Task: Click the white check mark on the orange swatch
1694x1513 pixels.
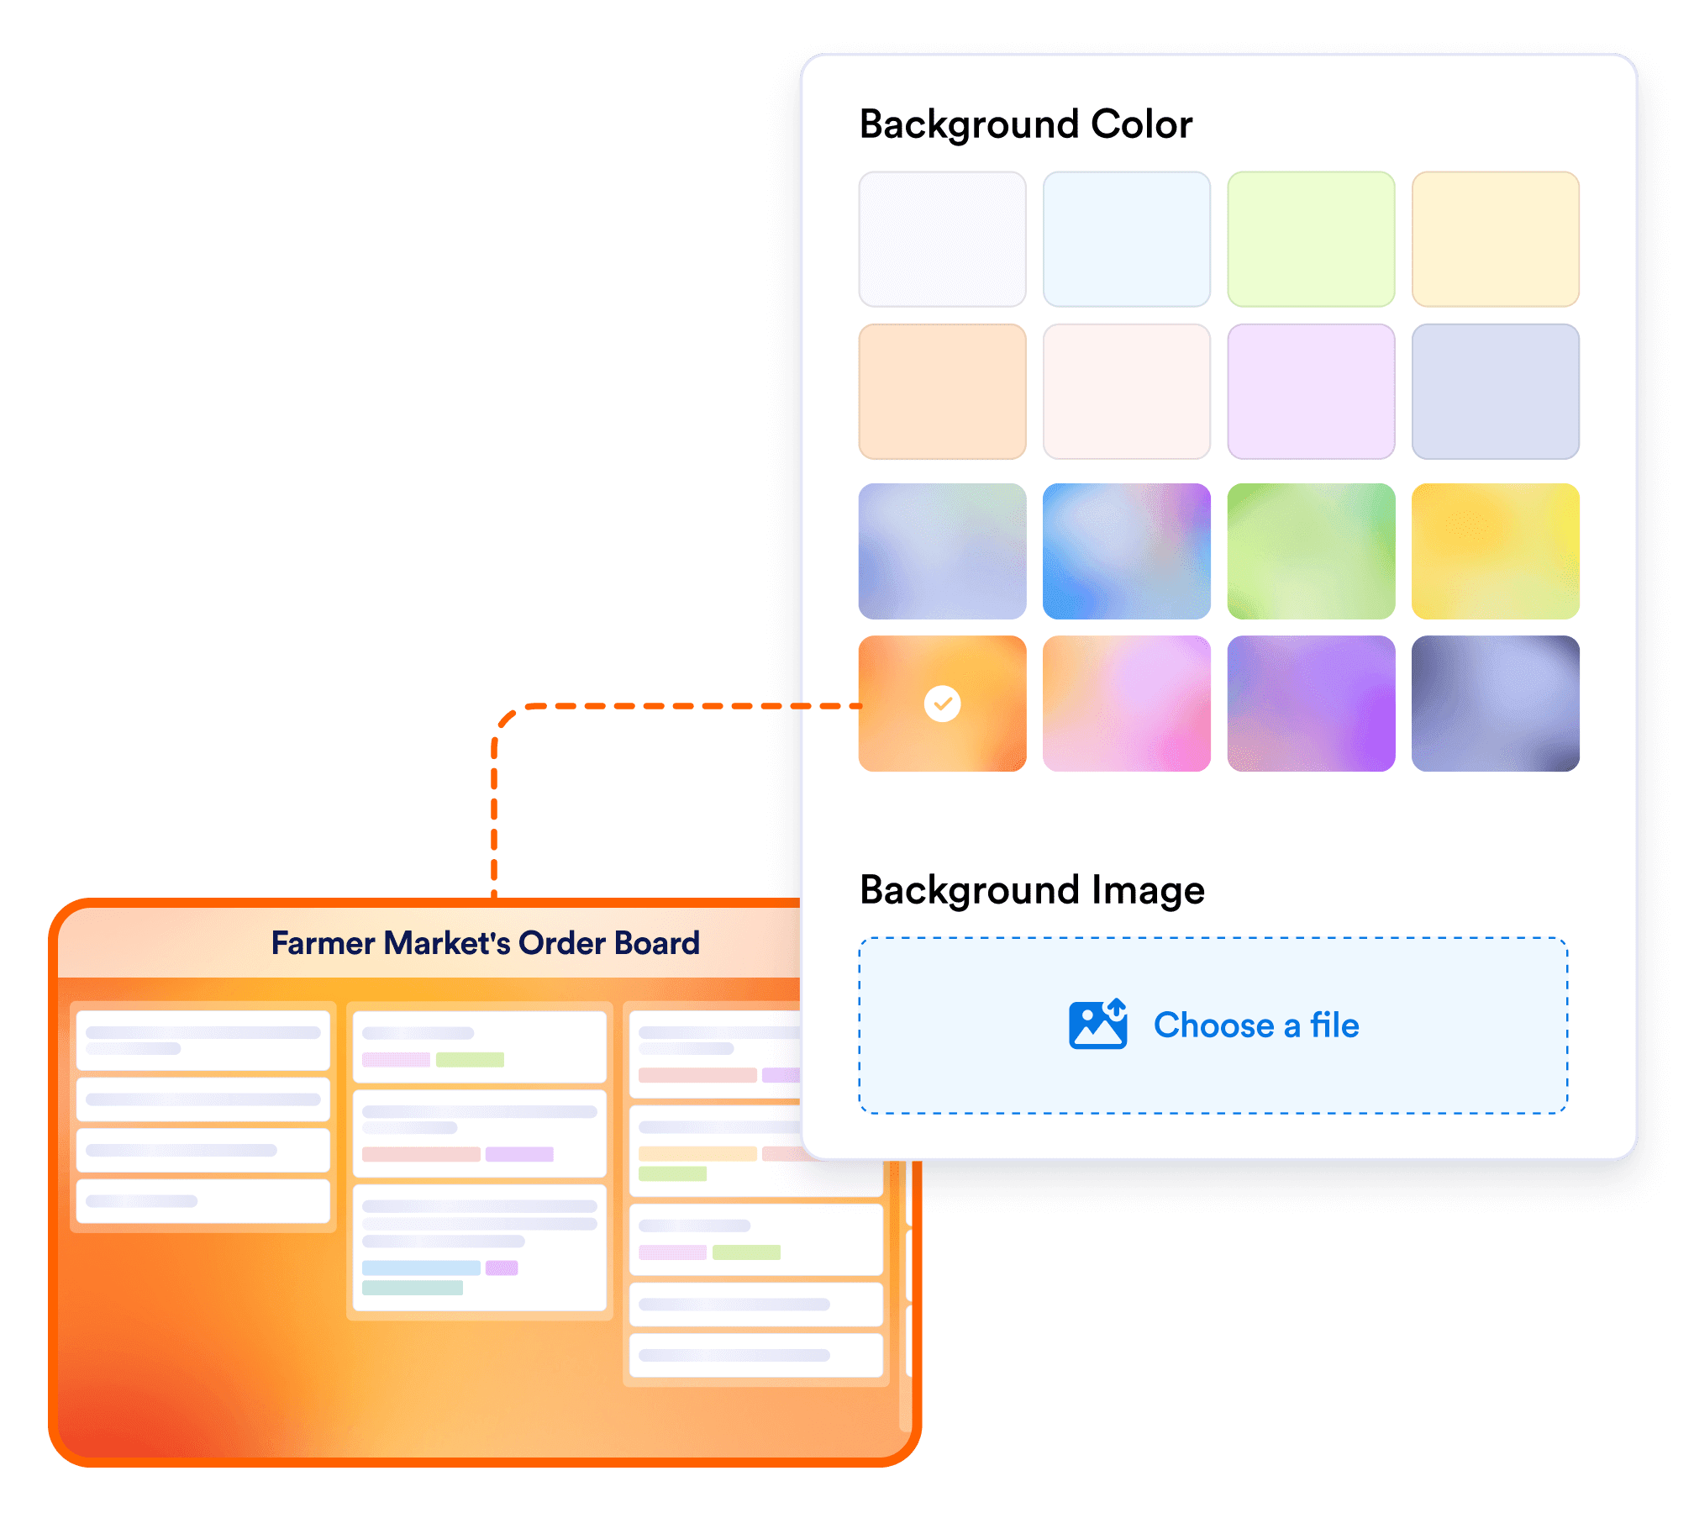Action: (942, 704)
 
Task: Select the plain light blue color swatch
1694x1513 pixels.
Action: (1126, 240)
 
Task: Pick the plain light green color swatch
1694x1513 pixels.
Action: (1311, 240)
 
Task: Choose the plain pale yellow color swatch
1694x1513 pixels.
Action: (1495, 240)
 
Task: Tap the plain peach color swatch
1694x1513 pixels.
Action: (942, 392)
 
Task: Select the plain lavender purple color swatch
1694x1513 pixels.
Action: (1311, 392)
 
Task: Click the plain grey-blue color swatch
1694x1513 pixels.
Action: (1495, 392)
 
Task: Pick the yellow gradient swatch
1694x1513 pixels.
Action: (1495, 551)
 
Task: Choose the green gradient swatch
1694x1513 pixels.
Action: (1311, 551)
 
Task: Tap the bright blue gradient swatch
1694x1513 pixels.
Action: (1126, 551)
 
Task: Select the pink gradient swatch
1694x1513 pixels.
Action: (1126, 704)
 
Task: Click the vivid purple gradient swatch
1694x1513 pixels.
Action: (1311, 704)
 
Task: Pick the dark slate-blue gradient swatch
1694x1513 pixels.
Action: (1495, 704)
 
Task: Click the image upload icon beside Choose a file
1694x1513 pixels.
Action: (1097, 1025)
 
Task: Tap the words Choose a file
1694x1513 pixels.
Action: (1256, 1025)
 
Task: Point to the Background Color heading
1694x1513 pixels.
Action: (1025, 125)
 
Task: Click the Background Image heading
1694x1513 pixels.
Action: (1032, 890)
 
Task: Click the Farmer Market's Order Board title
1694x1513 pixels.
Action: (485, 943)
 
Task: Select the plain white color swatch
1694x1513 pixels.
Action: (942, 240)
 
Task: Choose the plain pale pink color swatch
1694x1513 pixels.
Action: (1126, 392)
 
